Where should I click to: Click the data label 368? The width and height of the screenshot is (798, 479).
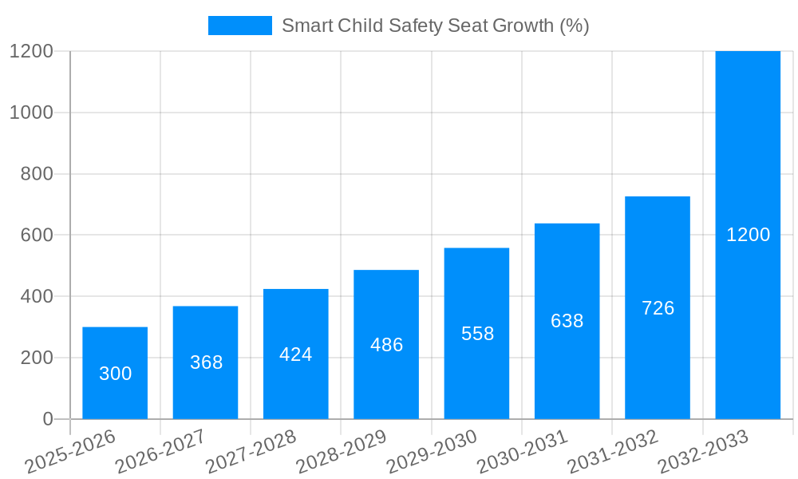(x=206, y=362)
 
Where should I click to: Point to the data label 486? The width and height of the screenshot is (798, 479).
(x=387, y=345)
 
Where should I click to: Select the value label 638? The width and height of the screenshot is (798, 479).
(x=567, y=321)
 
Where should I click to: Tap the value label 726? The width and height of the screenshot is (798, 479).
(x=658, y=308)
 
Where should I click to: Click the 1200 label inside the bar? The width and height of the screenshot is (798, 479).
(x=748, y=235)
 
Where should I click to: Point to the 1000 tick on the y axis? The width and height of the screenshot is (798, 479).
(x=31, y=113)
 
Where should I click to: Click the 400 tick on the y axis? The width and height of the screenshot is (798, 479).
(x=37, y=296)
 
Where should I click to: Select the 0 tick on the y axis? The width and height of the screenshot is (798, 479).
(x=47, y=419)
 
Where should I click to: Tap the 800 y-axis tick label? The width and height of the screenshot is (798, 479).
(x=37, y=174)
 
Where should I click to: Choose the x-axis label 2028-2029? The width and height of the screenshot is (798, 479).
(x=342, y=452)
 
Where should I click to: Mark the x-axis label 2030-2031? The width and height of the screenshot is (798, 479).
(x=523, y=452)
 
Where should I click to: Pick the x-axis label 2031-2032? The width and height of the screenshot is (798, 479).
(x=613, y=452)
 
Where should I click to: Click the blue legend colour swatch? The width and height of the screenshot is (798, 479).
(x=239, y=26)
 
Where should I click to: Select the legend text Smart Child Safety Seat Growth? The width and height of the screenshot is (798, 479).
(x=435, y=26)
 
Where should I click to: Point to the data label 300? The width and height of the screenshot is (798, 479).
(x=115, y=374)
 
